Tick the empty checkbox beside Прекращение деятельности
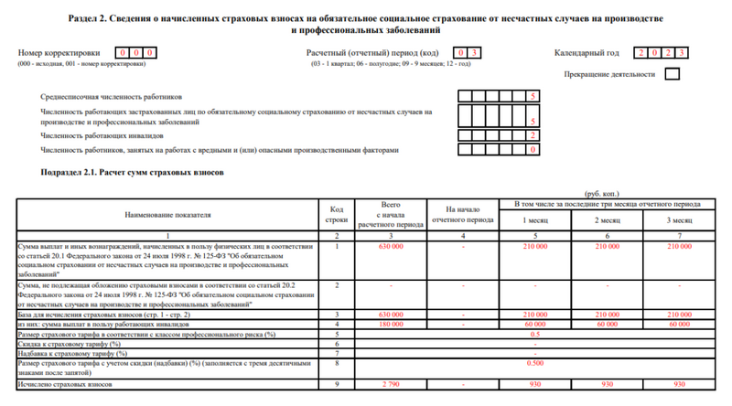[x=673, y=74]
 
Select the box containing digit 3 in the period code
[x=476, y=52]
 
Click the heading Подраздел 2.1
[x=127, y=172]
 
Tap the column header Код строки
[x=337, y=214]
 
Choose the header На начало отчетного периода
[x=462, y=214]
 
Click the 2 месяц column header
[x=608, y=220]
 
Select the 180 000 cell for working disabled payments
[x=391, y=324]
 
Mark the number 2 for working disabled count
[x=533, y=134]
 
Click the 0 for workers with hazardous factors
[x=533, y=149]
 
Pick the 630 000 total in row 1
[x=391, y=246]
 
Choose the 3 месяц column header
[x=680, y=220]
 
